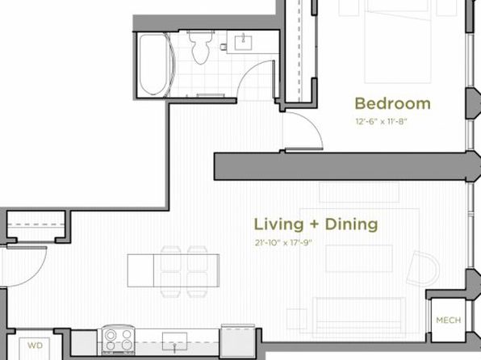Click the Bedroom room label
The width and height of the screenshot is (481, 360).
coord(393,104)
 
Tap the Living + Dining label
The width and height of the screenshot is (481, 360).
coord(316,224)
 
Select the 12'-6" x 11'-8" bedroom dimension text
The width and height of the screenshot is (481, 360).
coord(381,122)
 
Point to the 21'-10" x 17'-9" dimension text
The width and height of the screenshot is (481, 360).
coord(283,243)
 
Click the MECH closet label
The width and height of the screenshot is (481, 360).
coord(449,320)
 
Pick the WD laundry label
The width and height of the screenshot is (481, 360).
coord(35,345)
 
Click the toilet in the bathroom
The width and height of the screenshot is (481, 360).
coord(201,47)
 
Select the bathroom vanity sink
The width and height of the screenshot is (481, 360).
coord(243,43)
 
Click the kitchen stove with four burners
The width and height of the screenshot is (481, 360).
coord(118,339)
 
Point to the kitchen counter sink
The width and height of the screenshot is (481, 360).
coord(174,341)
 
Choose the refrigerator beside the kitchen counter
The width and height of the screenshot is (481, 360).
coord(238,341)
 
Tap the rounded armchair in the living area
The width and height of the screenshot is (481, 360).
coord(424,269)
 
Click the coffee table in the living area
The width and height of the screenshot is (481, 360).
coord(359,258)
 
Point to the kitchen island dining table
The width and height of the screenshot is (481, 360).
coord(174,270)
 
